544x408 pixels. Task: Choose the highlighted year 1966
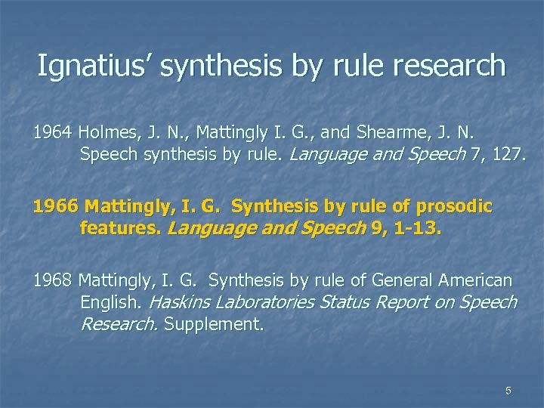click(55, 206)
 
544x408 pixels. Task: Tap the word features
click(120, 228)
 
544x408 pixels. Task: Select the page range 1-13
click(415, 228)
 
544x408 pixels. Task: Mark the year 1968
click(52, 281)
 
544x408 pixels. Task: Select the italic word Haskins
click(181, 303)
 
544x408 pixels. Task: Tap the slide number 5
click(508, 390)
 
